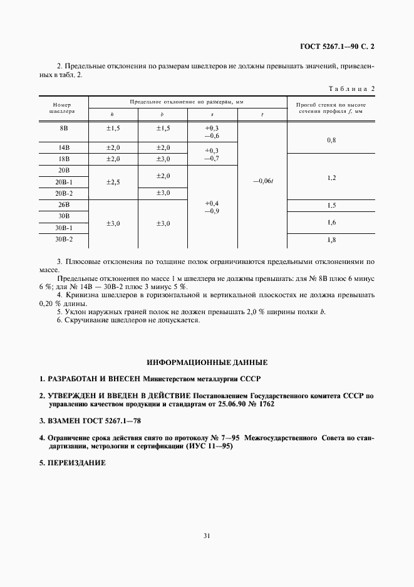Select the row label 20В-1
tap(63, 182)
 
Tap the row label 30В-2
tap(63, 239)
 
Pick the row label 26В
tap(63, 205)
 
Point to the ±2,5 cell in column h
tap(112, 182)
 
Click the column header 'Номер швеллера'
tap(63, 107)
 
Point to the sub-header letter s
tap(212, 115)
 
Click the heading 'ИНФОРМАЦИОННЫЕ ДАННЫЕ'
tap(207, 362)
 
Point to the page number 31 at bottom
tap(207, 535)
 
